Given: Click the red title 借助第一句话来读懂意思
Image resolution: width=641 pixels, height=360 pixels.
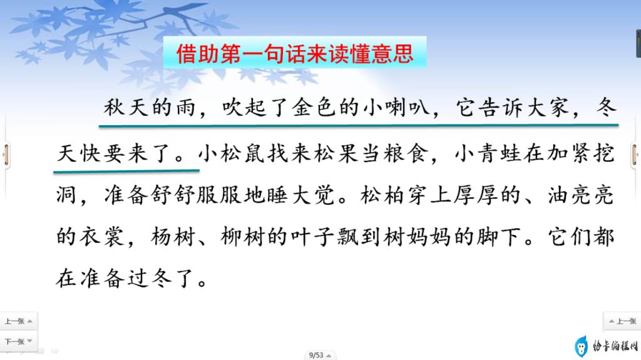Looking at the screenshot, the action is pos(295,54).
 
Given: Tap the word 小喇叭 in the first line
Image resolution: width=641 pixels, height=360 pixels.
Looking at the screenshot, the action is pos(396,108).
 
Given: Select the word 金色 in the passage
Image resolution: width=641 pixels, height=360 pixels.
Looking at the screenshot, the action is pos(313,108).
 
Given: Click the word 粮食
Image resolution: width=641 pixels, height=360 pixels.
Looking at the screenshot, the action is pos(406,154).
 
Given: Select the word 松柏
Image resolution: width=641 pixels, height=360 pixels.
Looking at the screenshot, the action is pos(382,195).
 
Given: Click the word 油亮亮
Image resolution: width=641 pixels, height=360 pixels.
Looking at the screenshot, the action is pos(581,195).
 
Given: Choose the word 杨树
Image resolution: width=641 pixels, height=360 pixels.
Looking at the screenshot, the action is pos(173,237).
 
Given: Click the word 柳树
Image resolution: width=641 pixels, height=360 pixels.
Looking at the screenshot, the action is pos(243,237).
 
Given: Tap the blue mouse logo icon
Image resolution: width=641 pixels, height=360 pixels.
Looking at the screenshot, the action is pos(581,346).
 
